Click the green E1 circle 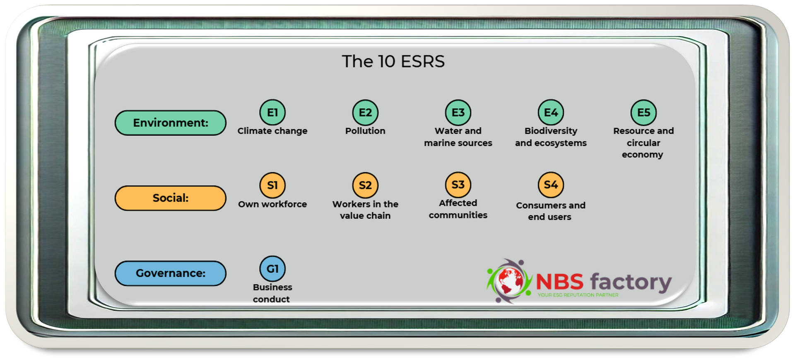(272, 112)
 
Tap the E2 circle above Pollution (365, 112)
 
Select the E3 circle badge (458, 112)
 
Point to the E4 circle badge (551, 112)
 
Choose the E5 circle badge (643, 112)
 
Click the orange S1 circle (272, 185)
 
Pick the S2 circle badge (365, 185)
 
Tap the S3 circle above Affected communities (458, 184)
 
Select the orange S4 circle (551, 184)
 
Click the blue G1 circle (272, 268)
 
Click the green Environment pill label (171, 123)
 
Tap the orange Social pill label (171, 198)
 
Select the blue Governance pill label (171, 273)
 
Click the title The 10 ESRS (393, 61)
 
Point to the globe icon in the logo (510, 281)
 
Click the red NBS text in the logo (559, 281)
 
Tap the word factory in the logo (631, 283)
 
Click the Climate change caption (272, 131)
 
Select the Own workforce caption (272, 204)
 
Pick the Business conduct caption (272, 293)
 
